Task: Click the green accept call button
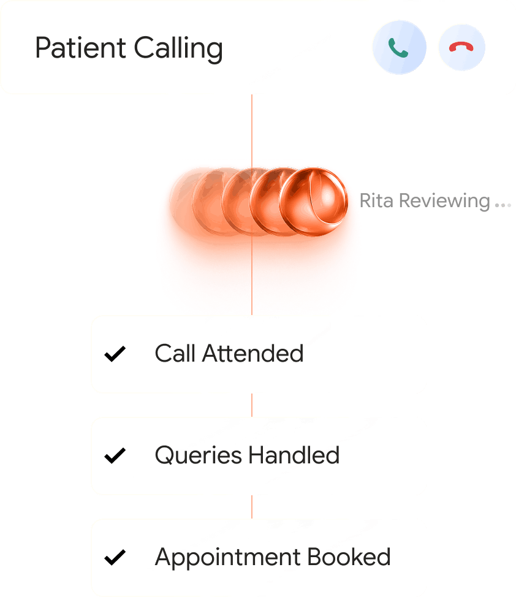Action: [x=399, y=48]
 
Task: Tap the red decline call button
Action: [x=462, y=48]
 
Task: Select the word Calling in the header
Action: [x=178, y=49]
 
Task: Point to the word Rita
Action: [x=375, y=201]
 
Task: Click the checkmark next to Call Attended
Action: [x=115, y=354]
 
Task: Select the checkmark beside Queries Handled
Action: [x=115, y=455]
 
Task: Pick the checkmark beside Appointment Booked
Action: [x=115, y=557]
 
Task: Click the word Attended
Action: [x=253, y=354]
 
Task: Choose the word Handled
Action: [x=294, y=455]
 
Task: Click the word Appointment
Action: [x=227, y=558]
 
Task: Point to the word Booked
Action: [x=349, y=557]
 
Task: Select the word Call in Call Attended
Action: [x=175, y=354]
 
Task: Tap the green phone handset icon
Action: [x=399, y=48]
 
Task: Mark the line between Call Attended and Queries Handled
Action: [x=252, y=405]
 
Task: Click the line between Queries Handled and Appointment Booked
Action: [x=252, y=507]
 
